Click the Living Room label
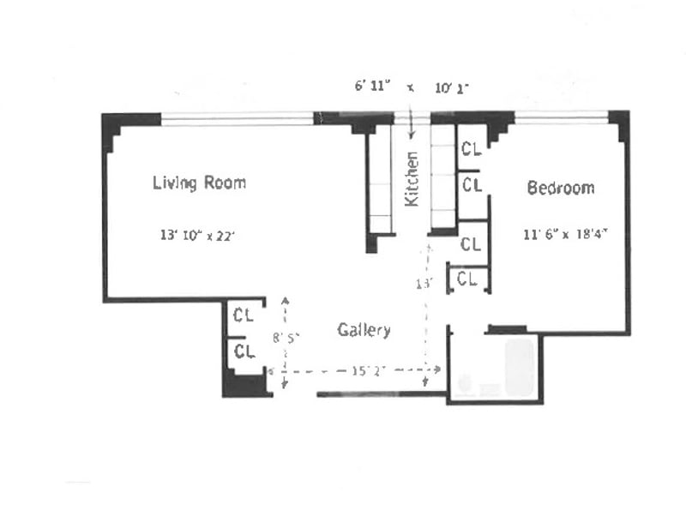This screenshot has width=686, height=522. pos(199,183)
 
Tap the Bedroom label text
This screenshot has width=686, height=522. pos(560,188)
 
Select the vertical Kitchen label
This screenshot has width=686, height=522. pos(412,178)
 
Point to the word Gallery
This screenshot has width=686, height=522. pos(364,330)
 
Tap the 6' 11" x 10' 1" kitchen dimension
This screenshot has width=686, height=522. pos(412,87)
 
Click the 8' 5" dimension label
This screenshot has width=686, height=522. pos(286,339)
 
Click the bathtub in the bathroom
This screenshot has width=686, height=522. pos(521,367)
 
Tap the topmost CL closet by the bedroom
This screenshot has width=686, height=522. pos(471,149)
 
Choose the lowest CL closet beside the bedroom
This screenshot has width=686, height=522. pos(467,279)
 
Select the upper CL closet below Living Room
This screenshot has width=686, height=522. pos(244,315)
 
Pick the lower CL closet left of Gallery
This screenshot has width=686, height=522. pos(244,351)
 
